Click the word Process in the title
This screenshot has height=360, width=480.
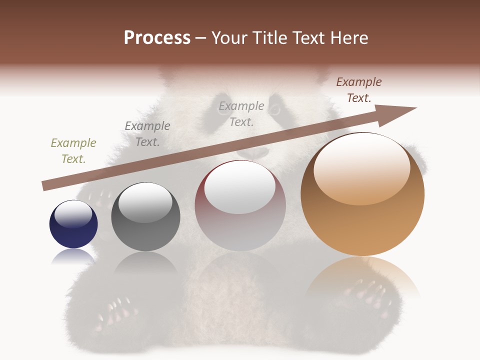pyautogui.click(x=157, y=38)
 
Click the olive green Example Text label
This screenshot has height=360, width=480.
pyautogui.click(x=73, y=151)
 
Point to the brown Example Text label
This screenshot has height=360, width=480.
pyautogui.click(x=359, y=90)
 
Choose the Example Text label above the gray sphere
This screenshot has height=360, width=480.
pyautogui.click(x=147, y=134)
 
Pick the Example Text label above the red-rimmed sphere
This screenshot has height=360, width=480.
pyautogui.click(x=241, y=113)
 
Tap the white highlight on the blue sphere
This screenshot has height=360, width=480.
pyautogui.click(x=73, y=214)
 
